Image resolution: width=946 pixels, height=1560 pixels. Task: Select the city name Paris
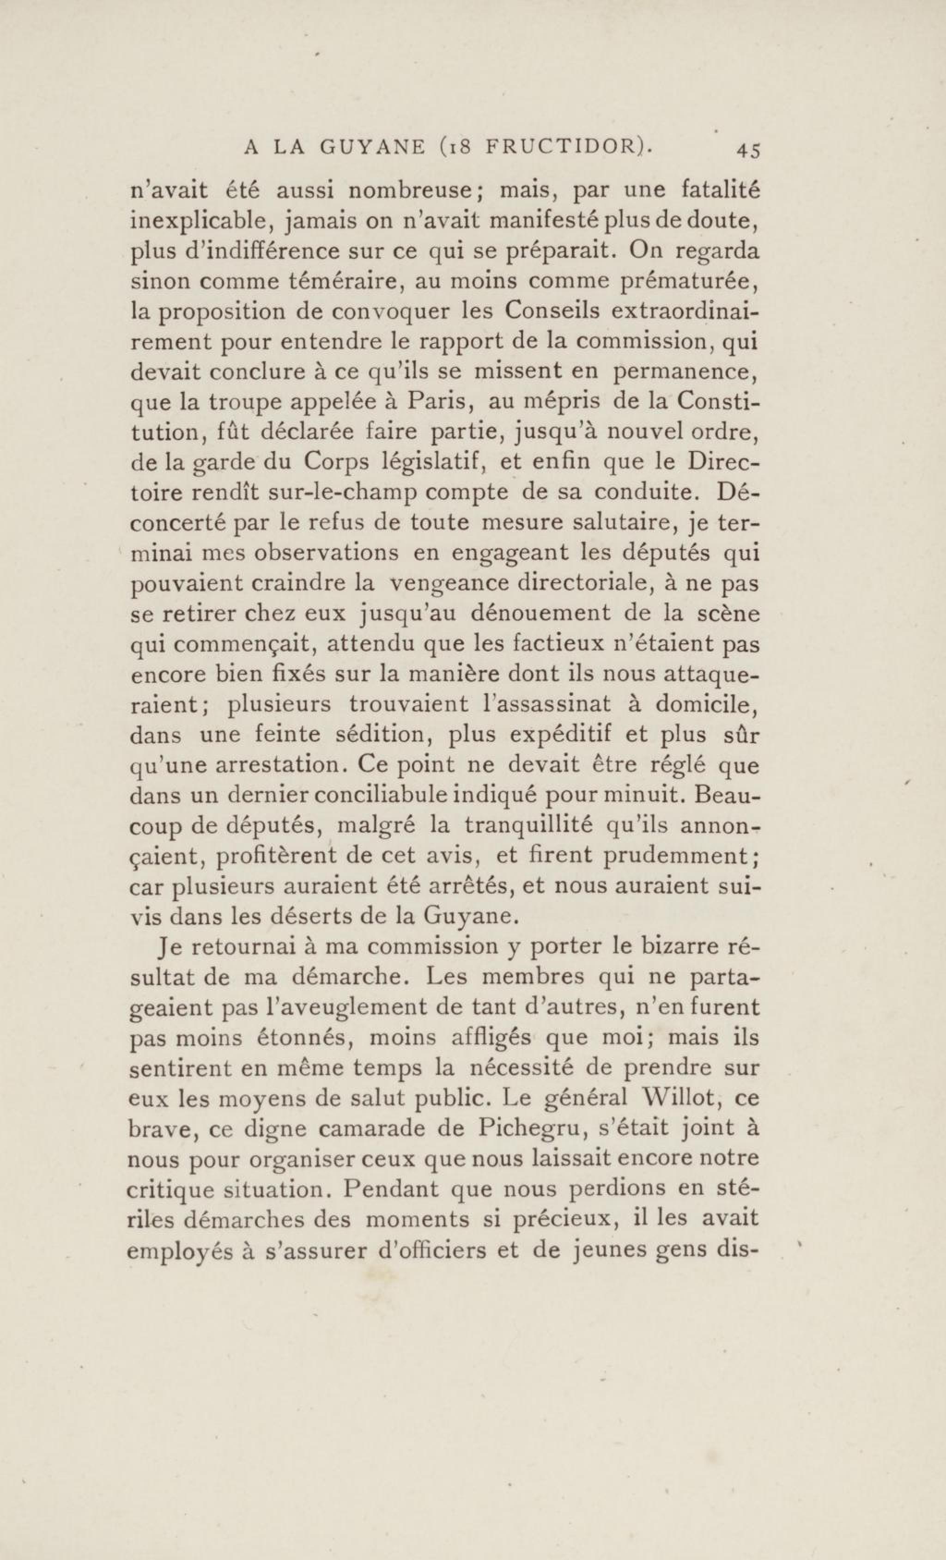[439, 402]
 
